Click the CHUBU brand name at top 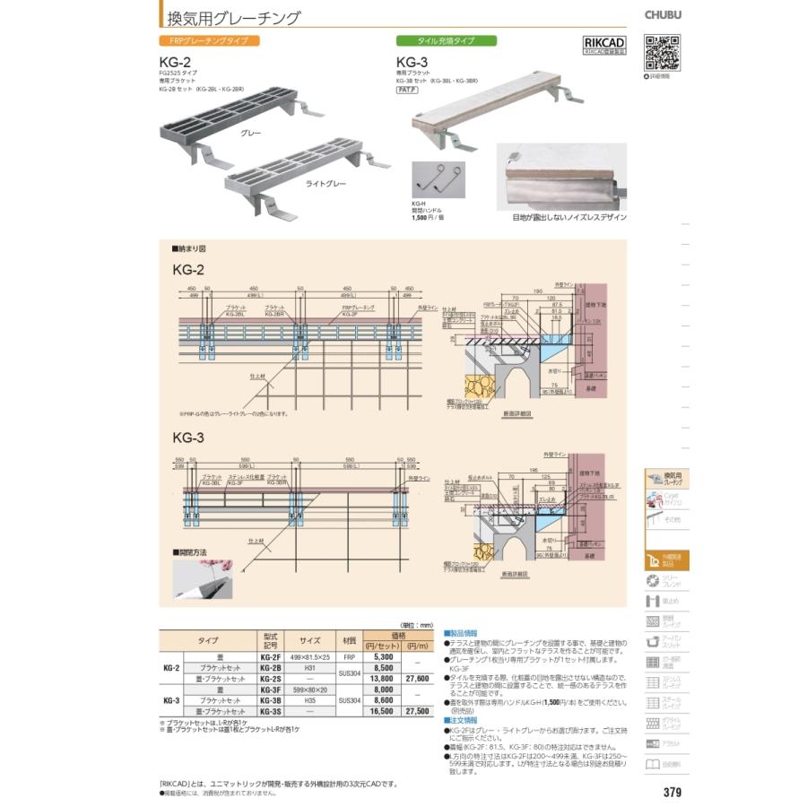pos(663,13)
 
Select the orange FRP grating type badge pos(209,41)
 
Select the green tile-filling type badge pos(447,41)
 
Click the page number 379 pos(672,792)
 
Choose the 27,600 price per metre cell pos(418,679)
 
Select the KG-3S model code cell pos(272,710)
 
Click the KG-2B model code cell pos(272,668)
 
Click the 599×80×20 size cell pos(310,690)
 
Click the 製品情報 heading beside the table pos(464,633)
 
